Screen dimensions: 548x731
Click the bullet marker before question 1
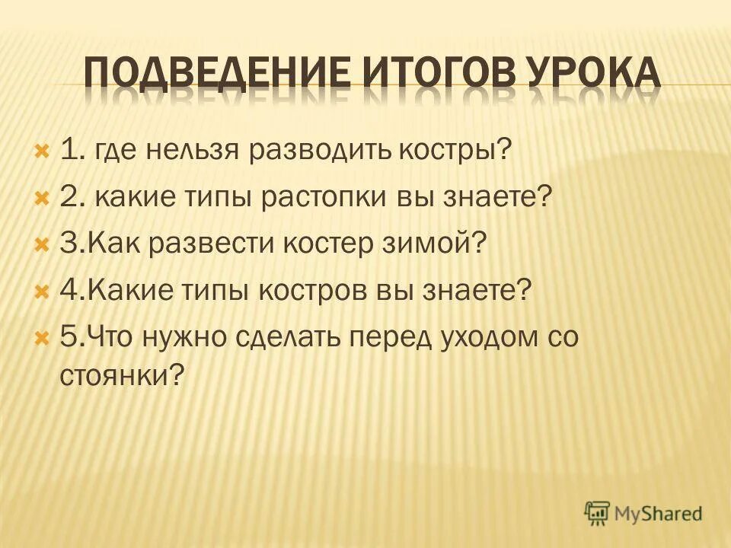pos(42,149)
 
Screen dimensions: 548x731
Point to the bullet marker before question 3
pos(42,245)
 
